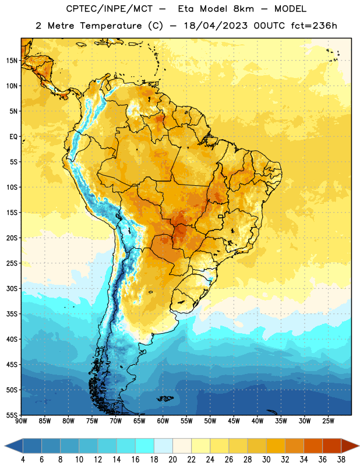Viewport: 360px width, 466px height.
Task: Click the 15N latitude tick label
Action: coord(12,61)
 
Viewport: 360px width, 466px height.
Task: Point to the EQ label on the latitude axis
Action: coord(13,137)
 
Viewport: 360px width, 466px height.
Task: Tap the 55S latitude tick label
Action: coord(12,415)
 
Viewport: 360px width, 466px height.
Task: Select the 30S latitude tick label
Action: coord(12,288)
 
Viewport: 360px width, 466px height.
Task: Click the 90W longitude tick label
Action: coord(21,421)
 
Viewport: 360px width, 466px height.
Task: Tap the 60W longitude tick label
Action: coord(163,421)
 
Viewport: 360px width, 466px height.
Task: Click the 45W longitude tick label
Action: coord(234,421)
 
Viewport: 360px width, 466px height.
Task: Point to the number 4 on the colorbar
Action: coord(23,460)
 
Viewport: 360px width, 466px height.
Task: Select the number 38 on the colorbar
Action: coord(341,460)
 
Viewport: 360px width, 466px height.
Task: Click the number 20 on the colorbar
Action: coord(172,460)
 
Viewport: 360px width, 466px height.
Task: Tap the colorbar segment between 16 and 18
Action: coord(145,446)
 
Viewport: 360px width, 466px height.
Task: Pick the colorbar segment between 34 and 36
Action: coord(313,446)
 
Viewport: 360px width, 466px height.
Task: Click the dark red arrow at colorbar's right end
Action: coord(350,446)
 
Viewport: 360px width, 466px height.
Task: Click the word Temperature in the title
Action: coord(111,26)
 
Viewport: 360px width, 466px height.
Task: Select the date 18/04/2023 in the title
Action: coord(216,26)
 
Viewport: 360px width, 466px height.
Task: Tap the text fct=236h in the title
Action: coord(314,26)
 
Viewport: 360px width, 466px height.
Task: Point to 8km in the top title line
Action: coord(243,9)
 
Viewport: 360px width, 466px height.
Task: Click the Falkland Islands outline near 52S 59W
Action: coord(165,398)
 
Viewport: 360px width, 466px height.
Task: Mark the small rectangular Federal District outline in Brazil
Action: coord(221,216)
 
